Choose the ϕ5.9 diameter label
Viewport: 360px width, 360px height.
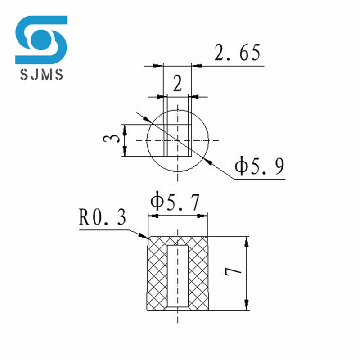coord(259,167)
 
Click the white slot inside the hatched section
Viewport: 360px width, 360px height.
coord(178,274)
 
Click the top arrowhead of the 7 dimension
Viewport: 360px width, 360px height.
coord(246,241)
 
